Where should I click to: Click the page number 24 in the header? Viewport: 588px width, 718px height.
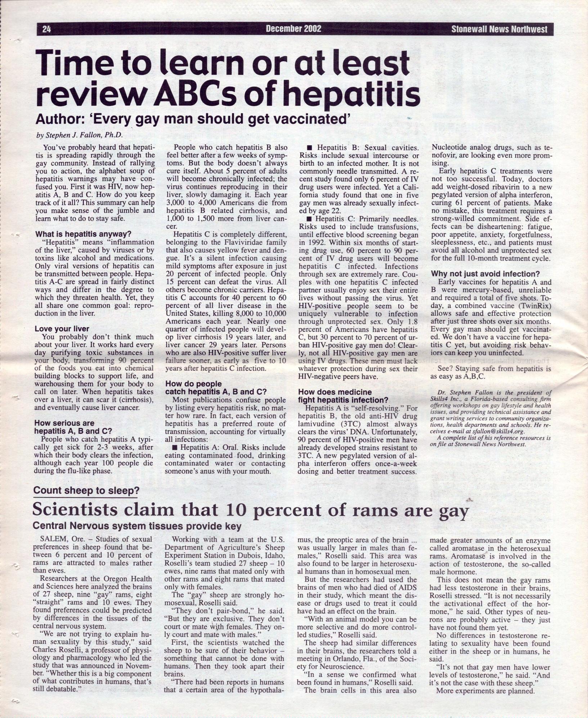[x=46, y=29]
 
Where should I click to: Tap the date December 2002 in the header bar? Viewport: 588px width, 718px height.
[x=293, y=29]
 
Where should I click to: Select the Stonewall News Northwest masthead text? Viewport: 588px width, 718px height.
[x=499, y=29]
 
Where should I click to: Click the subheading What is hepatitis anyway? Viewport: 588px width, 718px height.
[x=83, y=234]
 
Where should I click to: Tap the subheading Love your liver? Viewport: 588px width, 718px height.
[x=62, y=329]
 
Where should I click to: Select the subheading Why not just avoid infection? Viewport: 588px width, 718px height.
[x=485, y=274]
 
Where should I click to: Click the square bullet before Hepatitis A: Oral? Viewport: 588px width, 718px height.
[x=175, y=448]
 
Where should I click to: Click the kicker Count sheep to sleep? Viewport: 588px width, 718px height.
[x=86, y=490]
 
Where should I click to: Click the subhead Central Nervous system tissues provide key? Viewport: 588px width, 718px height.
[x=137, y=526]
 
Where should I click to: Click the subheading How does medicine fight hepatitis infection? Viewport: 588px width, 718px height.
[x=343, y=396]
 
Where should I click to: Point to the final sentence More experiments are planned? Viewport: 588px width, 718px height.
[x=485, y=691]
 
